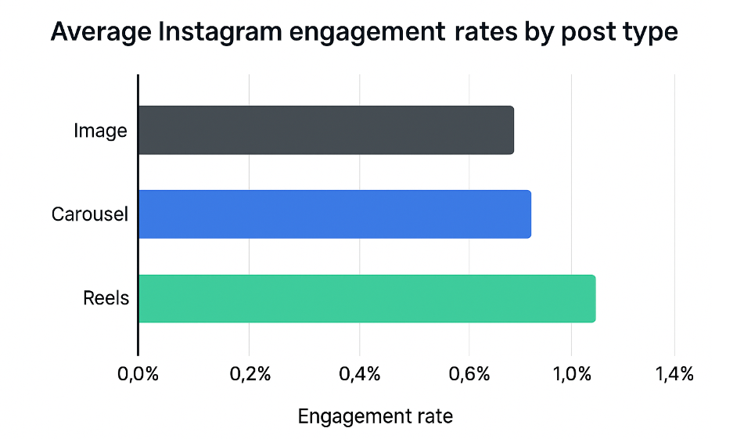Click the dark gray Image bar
(326, 130)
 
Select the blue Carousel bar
(335, 214)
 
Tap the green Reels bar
(367, 298)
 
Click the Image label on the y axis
(100, 131)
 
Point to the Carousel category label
(89, 214)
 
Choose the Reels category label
(106, 298)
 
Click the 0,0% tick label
(138, 374)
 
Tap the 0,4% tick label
(359, 374)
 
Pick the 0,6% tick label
(469, 374)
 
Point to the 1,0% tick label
(571, 374)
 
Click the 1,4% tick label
(674, 374)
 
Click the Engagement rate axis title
(376, 416)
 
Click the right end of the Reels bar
(593, 298)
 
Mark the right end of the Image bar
(512, 130)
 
